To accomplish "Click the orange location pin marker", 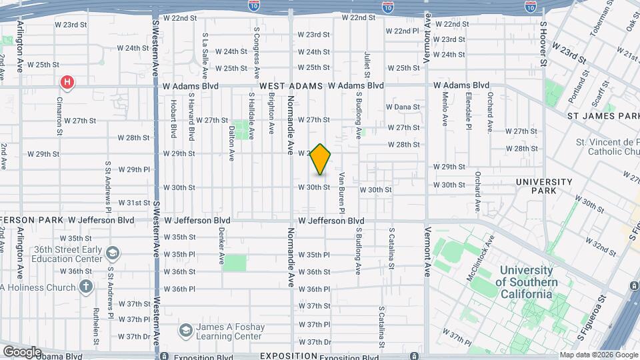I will pyautogui.click(x=321, y=159).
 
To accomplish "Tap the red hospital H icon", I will pyautogui.click(x=67, y=83).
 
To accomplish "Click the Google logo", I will pyautogui.click(x=22, y=351).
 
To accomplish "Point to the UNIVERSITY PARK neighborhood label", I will pyautogui.click(x=544, y=187).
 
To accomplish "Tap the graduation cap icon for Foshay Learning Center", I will pyautogui.click(x=186, y=330).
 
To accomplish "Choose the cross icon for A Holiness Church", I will pyautogui.click(x=85, y=287).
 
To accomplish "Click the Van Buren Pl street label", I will pyautogui.click(x=341, y=193).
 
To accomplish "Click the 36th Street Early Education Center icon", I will pyautogui.click(x=113, y=253).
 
